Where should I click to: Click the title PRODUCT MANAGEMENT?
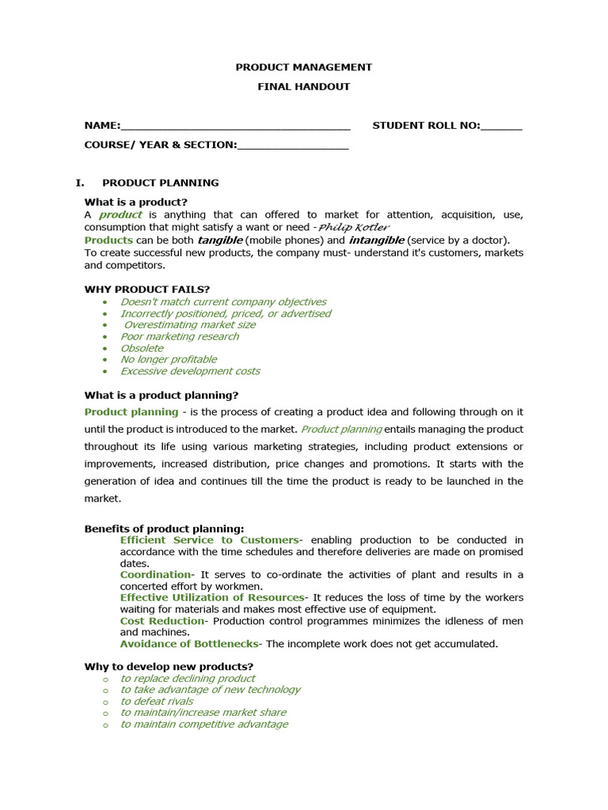tap(303, 67)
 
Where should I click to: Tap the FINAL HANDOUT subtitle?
tap(303, 86)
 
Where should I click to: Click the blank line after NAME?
tap(235, 126)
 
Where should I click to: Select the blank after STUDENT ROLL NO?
tap(501, 126)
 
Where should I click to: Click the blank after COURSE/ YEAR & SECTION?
tap(293, 145)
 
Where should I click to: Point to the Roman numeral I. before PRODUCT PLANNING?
tap(80, 183)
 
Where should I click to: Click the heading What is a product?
tap(136, 202)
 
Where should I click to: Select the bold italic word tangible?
tap(220, 240)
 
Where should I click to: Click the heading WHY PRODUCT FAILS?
tap(147, 289)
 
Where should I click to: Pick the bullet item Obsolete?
tap(142, 348)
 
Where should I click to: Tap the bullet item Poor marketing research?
tap(179, 336)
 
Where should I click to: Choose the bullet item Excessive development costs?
tap(190, 371)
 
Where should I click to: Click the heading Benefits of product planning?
tap(165, 528)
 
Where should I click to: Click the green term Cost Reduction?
tap(162, 621)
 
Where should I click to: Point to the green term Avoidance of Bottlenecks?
tap(189, 644)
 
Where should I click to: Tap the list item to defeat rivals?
tap(157, 702)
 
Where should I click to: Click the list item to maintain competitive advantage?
tap(204, 725)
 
